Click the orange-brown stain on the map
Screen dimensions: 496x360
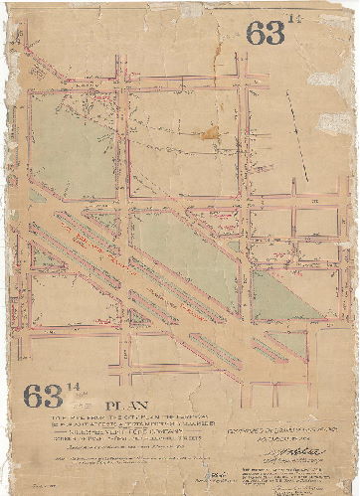(209, 131)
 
